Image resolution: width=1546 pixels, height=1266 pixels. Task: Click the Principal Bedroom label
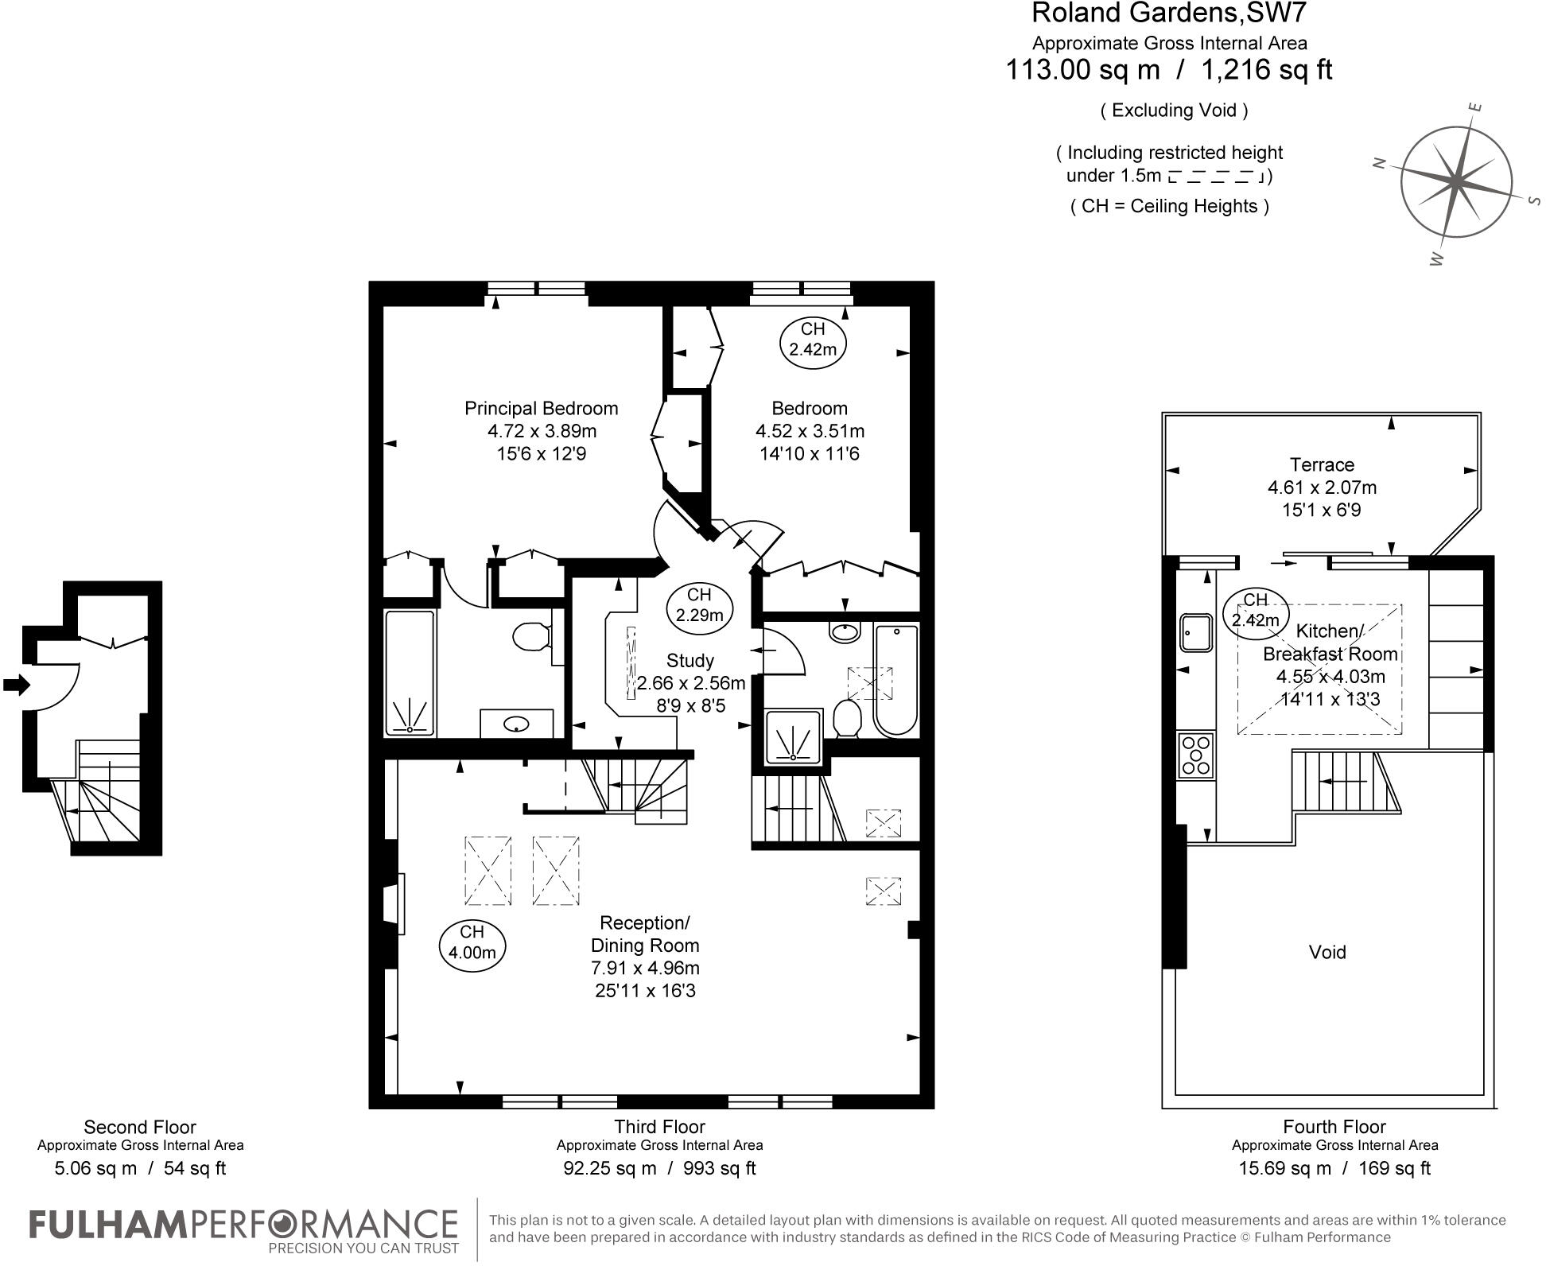tap(541, 409)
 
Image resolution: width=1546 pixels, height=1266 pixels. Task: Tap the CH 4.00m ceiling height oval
tap(472, 942)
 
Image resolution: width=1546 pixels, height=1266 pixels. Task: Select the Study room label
tap(689, 661)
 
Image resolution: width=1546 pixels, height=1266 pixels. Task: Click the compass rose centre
tap(1455, 181)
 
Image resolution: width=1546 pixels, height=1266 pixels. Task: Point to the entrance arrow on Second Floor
tap(16, 685)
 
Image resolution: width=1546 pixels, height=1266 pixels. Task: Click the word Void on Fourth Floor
tap(1327, 952)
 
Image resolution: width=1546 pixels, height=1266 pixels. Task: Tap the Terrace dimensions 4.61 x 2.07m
tap(1322, 487)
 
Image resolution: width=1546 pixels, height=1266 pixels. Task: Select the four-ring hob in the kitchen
tap(1195, 755)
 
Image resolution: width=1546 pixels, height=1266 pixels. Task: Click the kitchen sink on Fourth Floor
tap(1194, 632)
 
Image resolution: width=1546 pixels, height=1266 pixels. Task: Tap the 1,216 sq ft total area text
tap(1266, 70)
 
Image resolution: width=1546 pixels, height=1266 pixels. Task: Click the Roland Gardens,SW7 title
tap(1168, 14)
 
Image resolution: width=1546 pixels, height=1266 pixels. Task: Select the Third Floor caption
tap(659, 1127)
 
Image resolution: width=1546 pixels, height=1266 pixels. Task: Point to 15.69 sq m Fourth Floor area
tap(1284, 1168)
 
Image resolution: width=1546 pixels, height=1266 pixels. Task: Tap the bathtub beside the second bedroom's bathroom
tap(895, 680)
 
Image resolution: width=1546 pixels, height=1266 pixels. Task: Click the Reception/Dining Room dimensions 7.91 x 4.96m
tap(644, 968)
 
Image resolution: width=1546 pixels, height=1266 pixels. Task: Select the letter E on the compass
tap(1475, 107)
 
